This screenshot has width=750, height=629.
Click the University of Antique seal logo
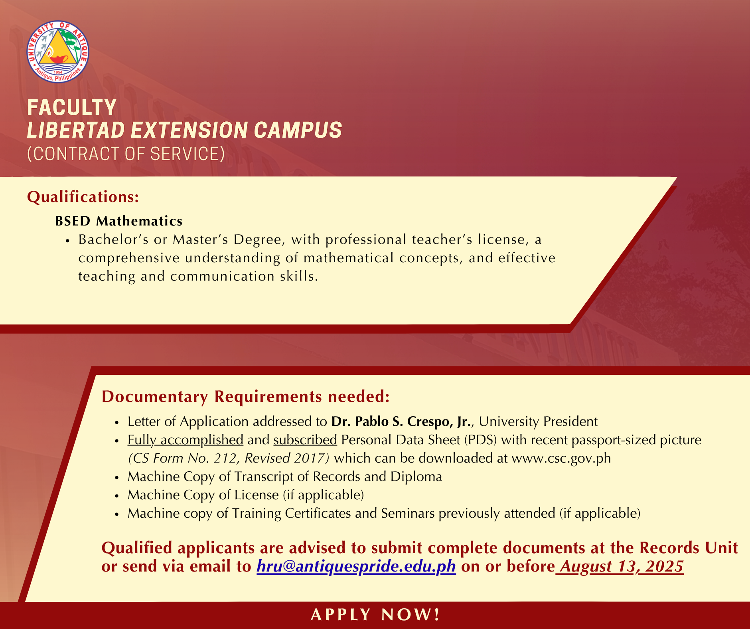pyautogui.click(x=58, y=52)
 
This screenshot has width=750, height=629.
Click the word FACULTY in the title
pyautogui.click(x=72, y=107)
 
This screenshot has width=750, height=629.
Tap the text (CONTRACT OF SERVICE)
pyautogui.click(x=126, y=154)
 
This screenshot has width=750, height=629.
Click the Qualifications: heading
pyautogui.click(x=83, y=197)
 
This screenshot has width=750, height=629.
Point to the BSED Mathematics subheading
pyautogui.click(x=119, y=221)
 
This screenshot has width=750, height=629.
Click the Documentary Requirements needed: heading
pyautogui.click(x=245, y=396)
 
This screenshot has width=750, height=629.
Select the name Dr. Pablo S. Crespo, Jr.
pyautogui.click(x=401, y=422)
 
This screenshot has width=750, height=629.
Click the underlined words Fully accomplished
pyautogui.click(x=186, y=440)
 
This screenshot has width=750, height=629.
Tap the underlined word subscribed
pyautogui.click(x=305, y=440)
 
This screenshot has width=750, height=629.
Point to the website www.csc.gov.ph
pyautogui.click(x=561, y=459)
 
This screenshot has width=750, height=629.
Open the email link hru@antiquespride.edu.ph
pyautogui.click(x=356, y=566)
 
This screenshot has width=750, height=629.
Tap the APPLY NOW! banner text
pyautogui.click(x=375, y=615)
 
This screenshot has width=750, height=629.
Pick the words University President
pyautogui.click(x=538, y=422)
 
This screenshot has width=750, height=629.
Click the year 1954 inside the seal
pyautogui.click(x=58, y=72)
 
